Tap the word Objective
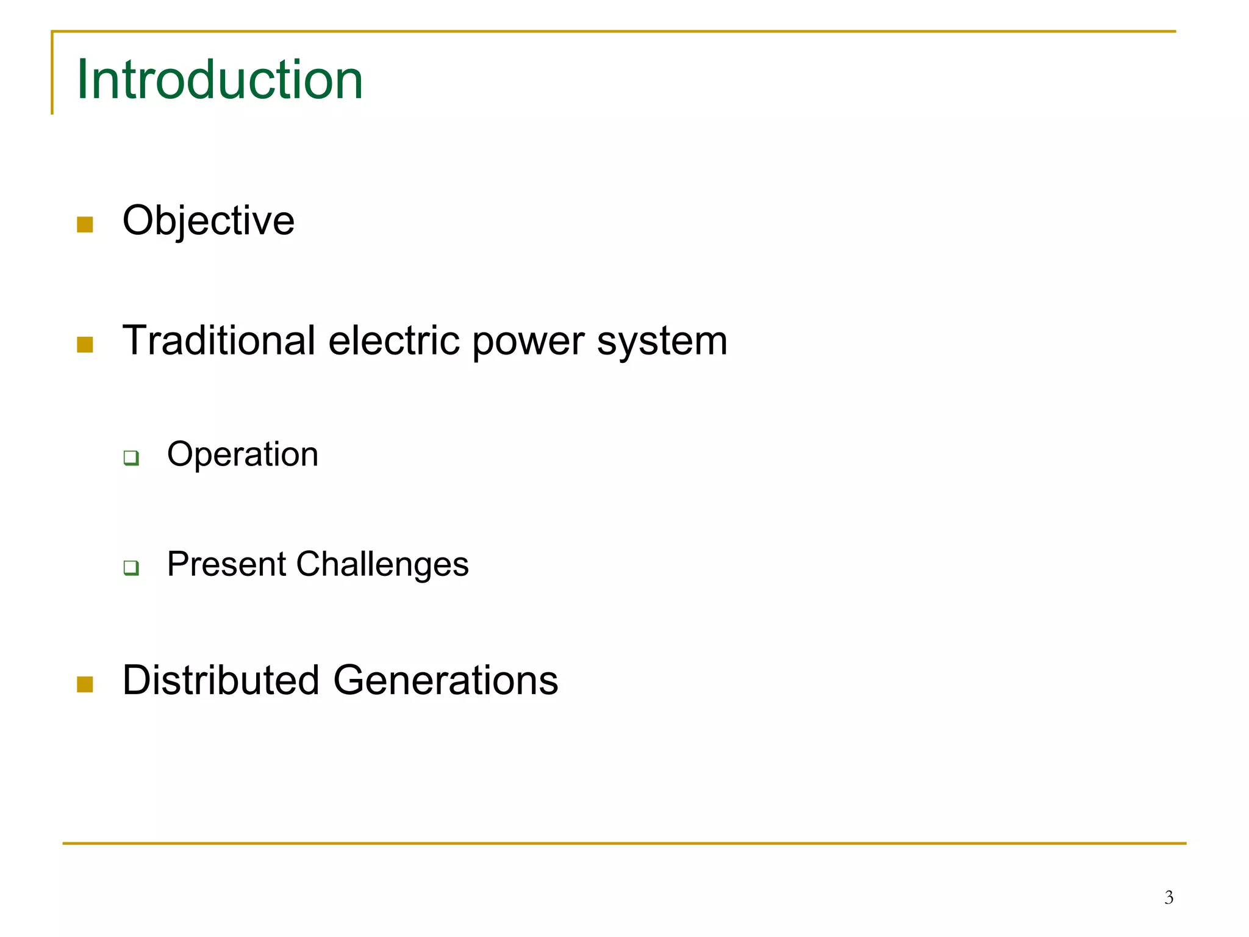(x=209, y=220)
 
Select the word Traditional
(x=219, y=340)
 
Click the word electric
(x=394, y=340)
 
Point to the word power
(x=528, y=342)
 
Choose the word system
(x=662, y=342)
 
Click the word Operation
(x=243, y=455)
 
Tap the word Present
(x=227, y=564)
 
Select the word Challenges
(x=382, y=564)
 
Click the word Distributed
(x=221, y=680)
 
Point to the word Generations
(x=445, y=680)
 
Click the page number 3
(x=1168, y=897)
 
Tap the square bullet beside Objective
(x=85, y=224)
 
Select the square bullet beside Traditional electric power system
(x=85, y=345)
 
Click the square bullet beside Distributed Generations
(x=85, y=684)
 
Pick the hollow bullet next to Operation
(x=131, y=458)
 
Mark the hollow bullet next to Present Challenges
(x=131, y=567)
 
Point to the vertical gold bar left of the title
(x=52, y=73)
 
